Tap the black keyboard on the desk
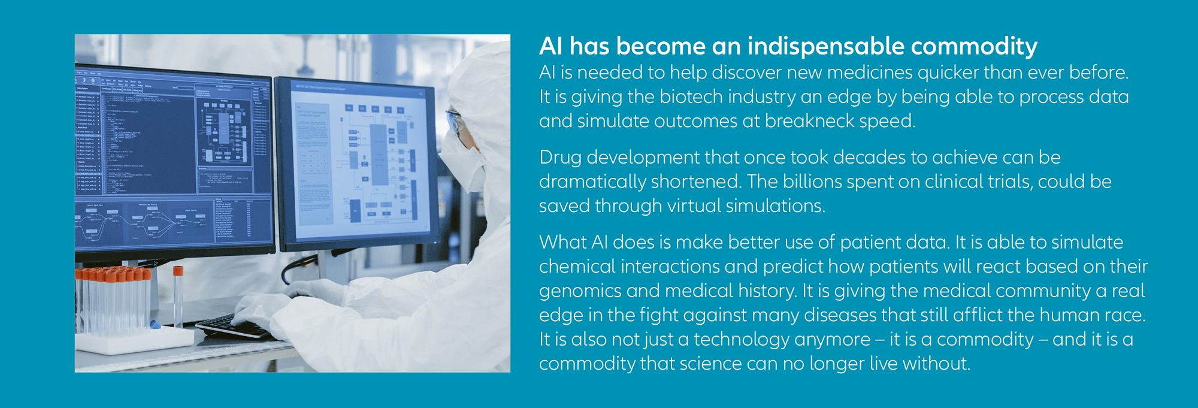click(231, 327)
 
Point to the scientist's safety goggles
click(455, 123)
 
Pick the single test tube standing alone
click(178, 297)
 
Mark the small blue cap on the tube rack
click(155, 325)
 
